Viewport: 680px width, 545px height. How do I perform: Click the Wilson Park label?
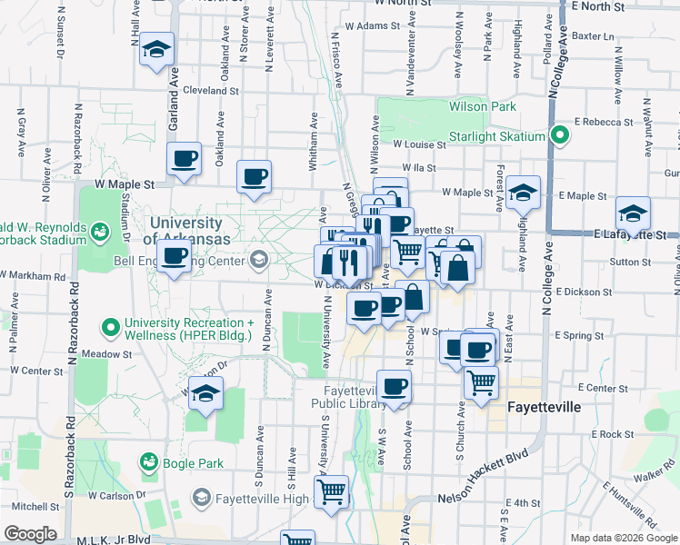pos(482,107)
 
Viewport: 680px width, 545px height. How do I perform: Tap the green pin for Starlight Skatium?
pos(560,137)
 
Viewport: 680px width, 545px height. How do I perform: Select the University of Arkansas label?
pos(185,231)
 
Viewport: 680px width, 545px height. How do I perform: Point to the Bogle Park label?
pos(193,463)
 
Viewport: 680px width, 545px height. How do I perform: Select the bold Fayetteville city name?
pos(544,407)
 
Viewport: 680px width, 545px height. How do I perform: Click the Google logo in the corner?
pos(30,533)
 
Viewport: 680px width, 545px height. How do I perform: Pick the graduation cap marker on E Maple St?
pos(524,192)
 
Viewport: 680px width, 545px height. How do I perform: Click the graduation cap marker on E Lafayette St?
pos(633,213)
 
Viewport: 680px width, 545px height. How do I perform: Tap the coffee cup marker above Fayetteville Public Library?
pos(394,387)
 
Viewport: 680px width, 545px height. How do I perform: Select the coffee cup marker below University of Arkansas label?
pos(174,255)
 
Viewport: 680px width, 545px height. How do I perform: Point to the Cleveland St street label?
pos(210,91)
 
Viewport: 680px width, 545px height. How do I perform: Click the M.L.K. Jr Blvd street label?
pos(114,539)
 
